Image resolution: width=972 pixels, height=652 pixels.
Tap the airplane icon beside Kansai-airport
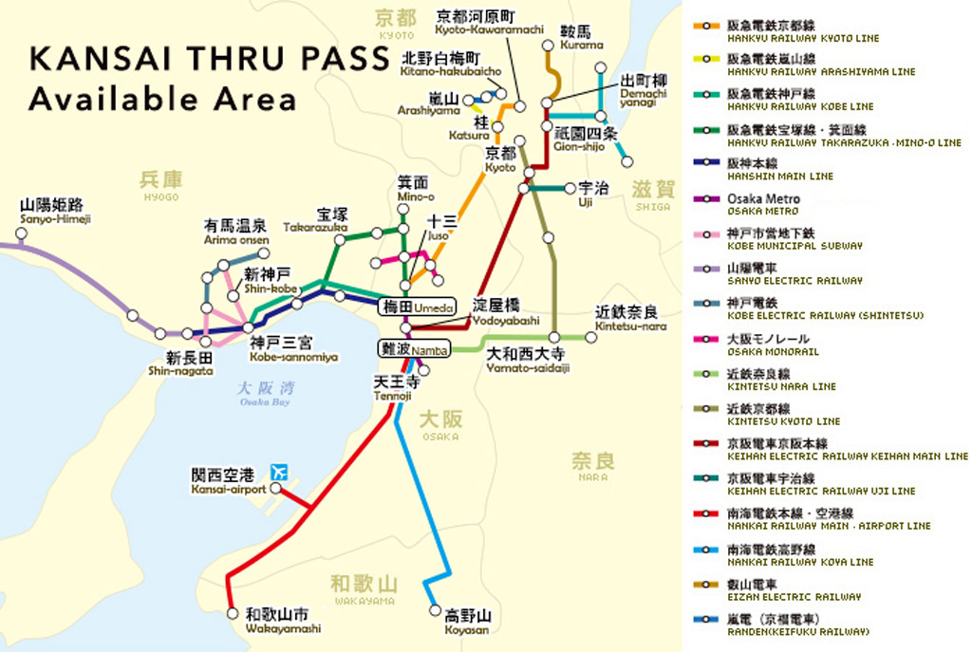(279, 472)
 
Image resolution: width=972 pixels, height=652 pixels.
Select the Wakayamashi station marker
(233, 613)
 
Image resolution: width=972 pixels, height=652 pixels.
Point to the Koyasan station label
(466, 622)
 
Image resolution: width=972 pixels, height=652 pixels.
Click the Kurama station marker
(548, 45)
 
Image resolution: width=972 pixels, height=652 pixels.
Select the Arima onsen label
(236, 232)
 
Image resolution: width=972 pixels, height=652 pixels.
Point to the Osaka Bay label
(267, 393)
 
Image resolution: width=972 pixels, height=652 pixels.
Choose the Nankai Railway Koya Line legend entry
(797, 554)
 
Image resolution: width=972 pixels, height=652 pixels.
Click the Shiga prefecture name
(653, 194)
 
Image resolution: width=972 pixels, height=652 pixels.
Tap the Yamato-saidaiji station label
(527, 360)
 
